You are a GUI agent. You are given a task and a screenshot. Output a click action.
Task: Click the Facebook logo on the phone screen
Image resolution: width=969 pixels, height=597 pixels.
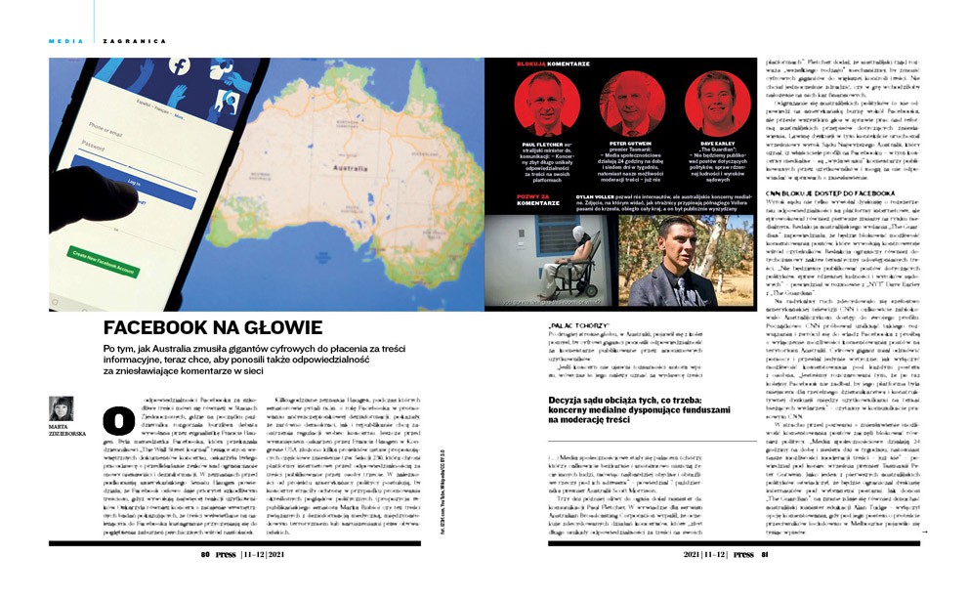[179, 67]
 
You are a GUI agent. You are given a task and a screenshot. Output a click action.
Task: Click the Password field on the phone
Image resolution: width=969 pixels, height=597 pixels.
[147, 148]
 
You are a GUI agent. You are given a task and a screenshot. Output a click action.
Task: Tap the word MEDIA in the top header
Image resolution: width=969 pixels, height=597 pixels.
[64, 40]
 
